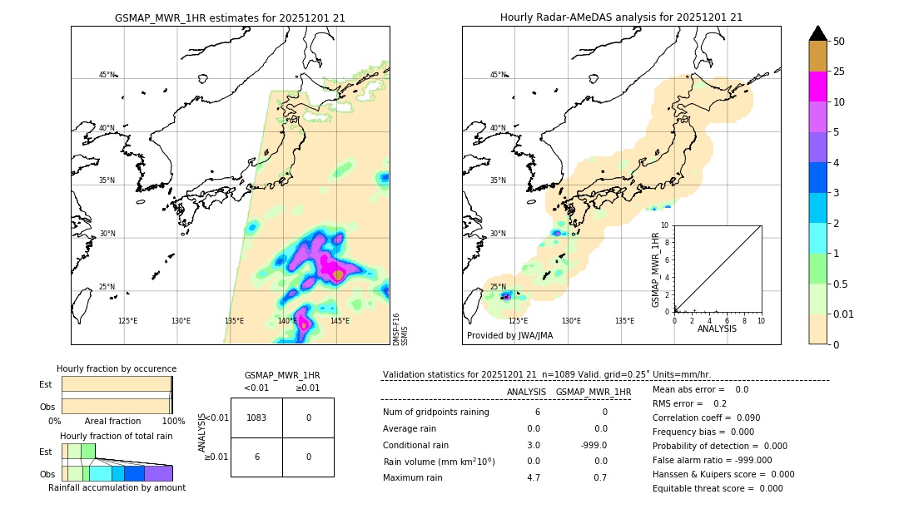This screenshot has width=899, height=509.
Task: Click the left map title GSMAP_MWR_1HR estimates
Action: (x=230, y=17)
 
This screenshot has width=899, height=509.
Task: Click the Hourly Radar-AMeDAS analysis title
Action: (x=621, y=17)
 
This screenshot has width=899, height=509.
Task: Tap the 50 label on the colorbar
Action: (x=839, y=41)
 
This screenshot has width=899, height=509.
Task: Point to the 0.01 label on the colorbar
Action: (x=844, y=314)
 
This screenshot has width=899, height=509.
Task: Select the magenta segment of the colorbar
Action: (x=817, y=86)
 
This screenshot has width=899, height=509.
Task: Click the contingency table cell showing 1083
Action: (x=256, y=418)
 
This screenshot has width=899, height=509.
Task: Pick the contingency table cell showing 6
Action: (x=256, y=457)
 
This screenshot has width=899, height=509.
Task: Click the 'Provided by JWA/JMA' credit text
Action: (x=509, y=335)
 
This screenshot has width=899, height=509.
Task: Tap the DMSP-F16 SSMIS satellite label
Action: (x=400, y=329)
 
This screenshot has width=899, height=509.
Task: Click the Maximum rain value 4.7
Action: (x=534, y=477)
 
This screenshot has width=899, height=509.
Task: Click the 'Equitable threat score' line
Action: (x=718, y=488)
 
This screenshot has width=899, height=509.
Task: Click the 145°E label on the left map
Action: (x=340, y=321)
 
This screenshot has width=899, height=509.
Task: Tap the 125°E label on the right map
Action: (x=518, y=321)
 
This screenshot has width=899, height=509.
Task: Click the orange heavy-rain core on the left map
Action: (x=338, y=274)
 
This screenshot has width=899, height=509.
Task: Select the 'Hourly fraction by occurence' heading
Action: (x=117, y=368)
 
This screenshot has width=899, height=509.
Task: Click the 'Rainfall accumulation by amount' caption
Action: (x=117, y=487)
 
